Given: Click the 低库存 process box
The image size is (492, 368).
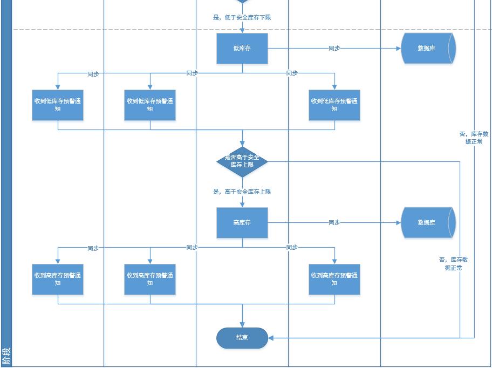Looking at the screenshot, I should click(x=242, y=49).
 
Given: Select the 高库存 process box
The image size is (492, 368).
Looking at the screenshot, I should click(x=242, y=223).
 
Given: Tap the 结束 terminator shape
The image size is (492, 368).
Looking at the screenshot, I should click(x=242, y=338).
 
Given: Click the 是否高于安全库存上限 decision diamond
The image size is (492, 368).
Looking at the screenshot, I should click(x=242, y=161).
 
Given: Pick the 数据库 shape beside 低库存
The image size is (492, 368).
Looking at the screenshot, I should click(x=428, y=49).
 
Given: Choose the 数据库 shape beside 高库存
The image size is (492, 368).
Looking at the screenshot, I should click(x=428, y=223).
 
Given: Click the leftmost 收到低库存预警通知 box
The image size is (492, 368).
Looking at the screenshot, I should click(x=58, y=105).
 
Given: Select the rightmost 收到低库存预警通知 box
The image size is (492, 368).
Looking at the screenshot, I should click(x=334, y=105).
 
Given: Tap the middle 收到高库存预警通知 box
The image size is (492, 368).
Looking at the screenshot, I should click(x=150, y=279).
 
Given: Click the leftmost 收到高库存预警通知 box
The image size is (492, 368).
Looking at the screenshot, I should click(x=58, y=279).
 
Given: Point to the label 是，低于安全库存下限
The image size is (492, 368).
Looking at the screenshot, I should click(x=242, y=17).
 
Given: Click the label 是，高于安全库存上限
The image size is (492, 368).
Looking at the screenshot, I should click(x=242, y=192).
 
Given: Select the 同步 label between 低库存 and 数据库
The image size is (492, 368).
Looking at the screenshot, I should click(x=334, y=49).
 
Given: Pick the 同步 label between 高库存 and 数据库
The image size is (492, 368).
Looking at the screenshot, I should click(x=334, y=223).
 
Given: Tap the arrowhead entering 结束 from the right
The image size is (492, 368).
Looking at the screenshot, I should click(x=271, y=338).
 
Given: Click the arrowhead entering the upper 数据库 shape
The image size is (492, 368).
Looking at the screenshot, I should click(x=398, y=49).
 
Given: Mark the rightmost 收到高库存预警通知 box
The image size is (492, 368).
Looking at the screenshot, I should click(x=334, y=279).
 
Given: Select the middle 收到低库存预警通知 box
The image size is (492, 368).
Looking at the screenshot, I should click(x=150, y=105).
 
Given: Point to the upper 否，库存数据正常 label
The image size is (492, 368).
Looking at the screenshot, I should click(x=474, y=138).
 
